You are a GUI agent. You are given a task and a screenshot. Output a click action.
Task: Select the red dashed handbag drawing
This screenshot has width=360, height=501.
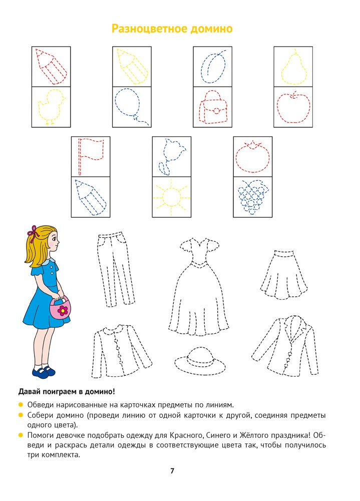coord(213,107)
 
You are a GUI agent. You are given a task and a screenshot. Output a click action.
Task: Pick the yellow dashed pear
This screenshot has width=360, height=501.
coord(293,68)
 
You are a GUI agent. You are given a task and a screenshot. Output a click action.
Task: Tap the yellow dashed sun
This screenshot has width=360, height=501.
coord(172,196)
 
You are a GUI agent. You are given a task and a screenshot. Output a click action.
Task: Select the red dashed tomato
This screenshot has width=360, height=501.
coord(252,156)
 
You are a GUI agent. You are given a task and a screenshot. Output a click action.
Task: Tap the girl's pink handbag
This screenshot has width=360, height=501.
coord(61,308)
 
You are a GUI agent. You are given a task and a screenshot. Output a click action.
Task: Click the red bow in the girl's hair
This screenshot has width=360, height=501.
coord(33,232)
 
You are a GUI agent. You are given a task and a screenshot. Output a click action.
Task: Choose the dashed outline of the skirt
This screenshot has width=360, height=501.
coord(284,275)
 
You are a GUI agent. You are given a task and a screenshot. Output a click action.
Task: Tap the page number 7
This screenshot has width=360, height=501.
coord(172,470)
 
